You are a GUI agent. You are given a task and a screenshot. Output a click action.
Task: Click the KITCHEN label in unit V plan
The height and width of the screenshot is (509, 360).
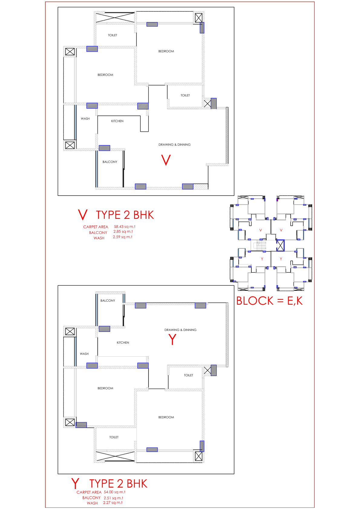coord(117,121)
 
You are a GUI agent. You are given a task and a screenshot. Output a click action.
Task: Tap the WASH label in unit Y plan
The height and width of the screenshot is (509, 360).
coord(84,354)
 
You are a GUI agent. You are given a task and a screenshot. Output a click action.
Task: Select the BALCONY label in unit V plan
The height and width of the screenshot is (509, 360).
coord(110,162)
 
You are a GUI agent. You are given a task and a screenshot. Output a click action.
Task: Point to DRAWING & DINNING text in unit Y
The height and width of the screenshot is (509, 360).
coord(180,330)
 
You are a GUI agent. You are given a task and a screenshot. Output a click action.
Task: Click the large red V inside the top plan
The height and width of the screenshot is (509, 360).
coord(166,160)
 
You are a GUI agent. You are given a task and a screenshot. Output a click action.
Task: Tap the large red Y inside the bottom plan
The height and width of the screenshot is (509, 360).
coord(172,339)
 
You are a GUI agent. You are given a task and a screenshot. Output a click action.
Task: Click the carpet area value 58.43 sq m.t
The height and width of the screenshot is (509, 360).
coord(125,227)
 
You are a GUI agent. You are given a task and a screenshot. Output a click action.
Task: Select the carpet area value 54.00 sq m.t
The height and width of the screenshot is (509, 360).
coord(115,492)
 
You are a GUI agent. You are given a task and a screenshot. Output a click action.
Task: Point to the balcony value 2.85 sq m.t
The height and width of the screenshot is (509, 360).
coord(123,232)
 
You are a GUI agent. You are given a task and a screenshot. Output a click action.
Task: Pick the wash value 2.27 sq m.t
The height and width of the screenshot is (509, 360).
coord(113,503)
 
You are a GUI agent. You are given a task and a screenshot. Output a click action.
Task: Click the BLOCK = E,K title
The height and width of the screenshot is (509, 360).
coord(270,301)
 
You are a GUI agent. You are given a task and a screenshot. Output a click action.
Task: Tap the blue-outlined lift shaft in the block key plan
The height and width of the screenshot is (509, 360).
coord(280,245)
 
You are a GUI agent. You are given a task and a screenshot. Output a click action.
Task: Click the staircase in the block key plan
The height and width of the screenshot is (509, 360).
coord(260,245)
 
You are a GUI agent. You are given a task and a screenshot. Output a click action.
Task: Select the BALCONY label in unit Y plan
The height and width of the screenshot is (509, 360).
coord(108,300)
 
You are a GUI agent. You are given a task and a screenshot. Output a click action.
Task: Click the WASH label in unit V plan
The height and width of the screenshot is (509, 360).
coord(85,118)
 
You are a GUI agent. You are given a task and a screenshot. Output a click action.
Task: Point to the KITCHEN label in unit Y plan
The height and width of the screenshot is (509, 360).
coord(123,342)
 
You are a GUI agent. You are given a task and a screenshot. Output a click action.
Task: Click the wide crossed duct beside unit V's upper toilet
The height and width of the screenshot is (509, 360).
coord(115,18)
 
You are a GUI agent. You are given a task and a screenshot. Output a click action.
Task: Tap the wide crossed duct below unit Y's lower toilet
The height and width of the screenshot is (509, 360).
coord(115,456)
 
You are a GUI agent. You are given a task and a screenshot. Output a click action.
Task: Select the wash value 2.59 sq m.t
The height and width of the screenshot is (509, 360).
coord(123,237)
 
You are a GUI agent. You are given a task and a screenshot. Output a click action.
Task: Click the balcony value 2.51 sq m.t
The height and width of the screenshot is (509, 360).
coord(113,498)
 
